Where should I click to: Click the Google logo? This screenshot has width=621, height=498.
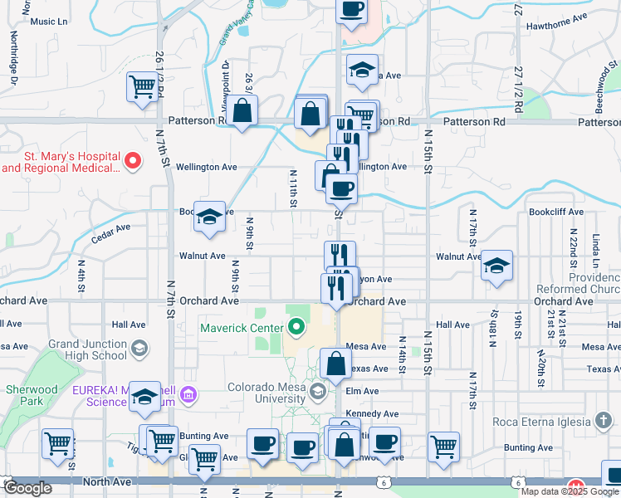click(27, 488)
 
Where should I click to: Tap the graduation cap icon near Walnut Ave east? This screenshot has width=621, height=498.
click(496, 266)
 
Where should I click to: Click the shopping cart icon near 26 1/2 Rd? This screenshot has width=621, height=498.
click(143, 86)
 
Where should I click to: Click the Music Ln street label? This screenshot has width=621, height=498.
click(48, 22)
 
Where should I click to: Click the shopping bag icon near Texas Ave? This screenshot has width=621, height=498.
click(335, 364)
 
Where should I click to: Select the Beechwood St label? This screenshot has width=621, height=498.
click(603, 83)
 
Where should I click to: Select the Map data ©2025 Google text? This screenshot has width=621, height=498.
click(570, 491)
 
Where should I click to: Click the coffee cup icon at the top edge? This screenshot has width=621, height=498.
click(350, 10)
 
